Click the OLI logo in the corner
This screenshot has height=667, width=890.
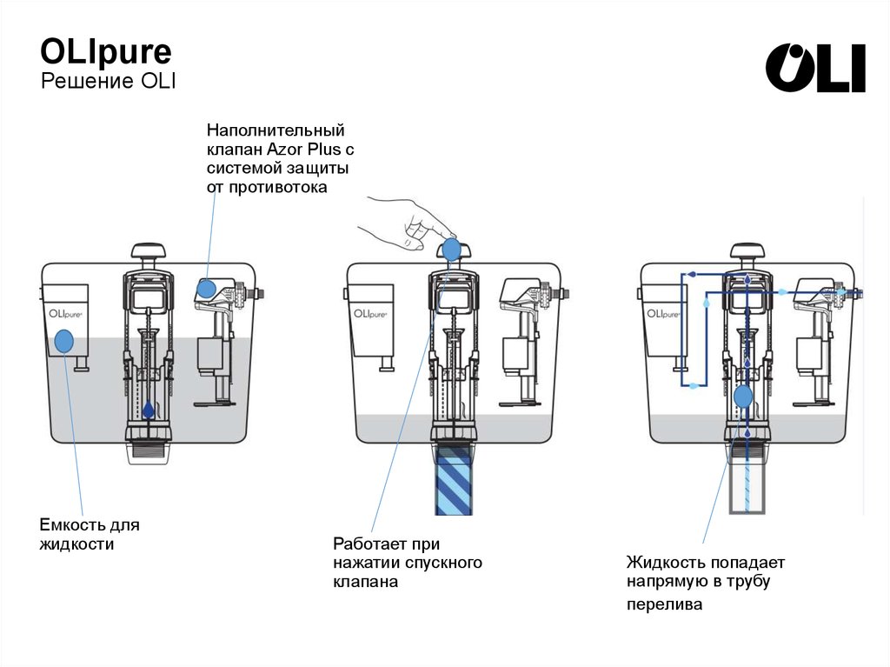click(815, 68)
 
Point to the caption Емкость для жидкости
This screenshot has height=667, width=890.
click(89, 535)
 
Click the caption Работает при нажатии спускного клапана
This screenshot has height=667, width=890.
click(407, 564)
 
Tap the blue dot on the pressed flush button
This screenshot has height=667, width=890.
click(451, 250)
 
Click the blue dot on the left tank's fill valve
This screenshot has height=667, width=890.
click(207, 290)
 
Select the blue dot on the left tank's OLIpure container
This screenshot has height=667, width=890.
click(64, 342)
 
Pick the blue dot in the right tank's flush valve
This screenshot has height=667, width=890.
click(743, 397)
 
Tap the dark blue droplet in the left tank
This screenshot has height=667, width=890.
click(149, 408)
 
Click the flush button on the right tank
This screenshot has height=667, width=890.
click(747, 254)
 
